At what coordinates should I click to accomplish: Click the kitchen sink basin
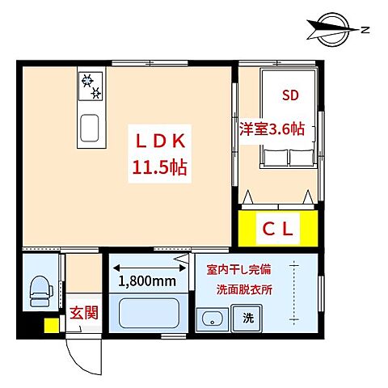pyautogui.click(x=89, y=127)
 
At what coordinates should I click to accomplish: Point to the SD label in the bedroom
pyautogui.click(x=289, y=95)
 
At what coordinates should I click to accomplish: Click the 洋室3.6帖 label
pyautogui.click(x=272, y=129)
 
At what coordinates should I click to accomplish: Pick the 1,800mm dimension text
pyautogui.click(x=148, y=281)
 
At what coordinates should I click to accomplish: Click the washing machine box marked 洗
pyautogui.click(x=247, y=318)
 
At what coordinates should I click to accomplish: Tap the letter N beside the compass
pyautogui.click(x=366, y=31)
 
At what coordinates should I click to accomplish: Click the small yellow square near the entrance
pyautogui.click(x=50, y=325)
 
